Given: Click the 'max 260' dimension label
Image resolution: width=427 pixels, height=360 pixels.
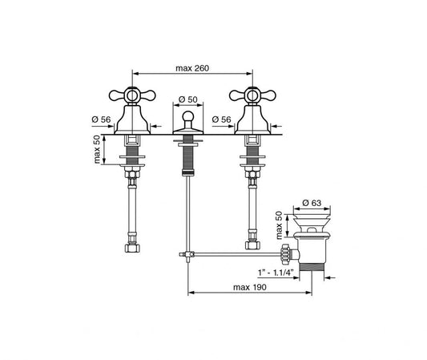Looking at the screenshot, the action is pyautogui.click(x=192, y=68).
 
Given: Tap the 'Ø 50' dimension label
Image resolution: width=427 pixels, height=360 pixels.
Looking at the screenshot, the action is pyautogui.click(x=188, y=99).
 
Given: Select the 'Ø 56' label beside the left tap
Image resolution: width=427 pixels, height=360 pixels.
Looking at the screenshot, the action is pyautogui.click(x=101, y=119).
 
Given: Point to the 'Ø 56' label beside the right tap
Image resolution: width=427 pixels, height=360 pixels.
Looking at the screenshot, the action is pyautogui.click(x=221, y=119).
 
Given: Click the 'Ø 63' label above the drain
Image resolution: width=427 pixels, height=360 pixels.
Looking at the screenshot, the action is pyautogui.click(x=312, y=203).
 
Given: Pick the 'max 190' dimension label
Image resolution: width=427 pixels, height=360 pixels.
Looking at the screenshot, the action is pyautogui.click(x=250, y=287).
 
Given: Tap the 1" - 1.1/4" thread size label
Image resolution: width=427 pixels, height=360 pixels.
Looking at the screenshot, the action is pyautogui.click(x=276, y=272).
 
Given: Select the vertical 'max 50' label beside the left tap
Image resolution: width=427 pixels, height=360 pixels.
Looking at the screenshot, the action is pyautogui.click(x=97, y=150).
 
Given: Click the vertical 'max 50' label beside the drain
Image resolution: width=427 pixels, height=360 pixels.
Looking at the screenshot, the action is pyautogui.click(x=280, y=225).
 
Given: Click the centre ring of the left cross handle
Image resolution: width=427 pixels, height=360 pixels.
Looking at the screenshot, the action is pyautogui.click(x=132, y=95).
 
